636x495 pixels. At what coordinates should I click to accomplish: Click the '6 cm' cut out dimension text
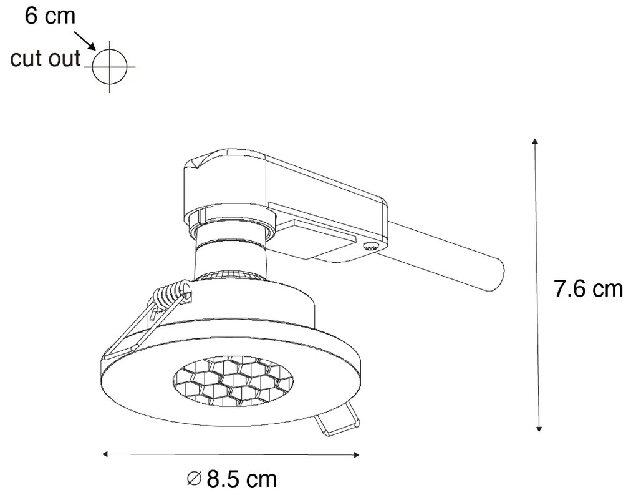pos(49,16)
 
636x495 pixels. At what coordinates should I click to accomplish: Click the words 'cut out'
pos(46,59)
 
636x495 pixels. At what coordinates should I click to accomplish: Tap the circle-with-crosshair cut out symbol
pos(110,65)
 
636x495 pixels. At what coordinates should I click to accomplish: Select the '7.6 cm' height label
pos(588,289)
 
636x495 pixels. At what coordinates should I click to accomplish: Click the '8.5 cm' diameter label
pos(241,479)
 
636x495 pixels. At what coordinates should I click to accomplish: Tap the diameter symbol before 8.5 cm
pos(194,479)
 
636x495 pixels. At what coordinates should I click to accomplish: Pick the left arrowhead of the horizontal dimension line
pos(107,454)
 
